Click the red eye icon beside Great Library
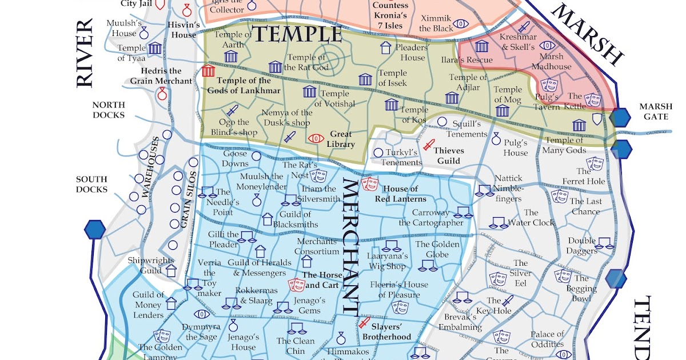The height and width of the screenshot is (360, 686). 316,138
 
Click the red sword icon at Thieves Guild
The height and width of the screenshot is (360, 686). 428,145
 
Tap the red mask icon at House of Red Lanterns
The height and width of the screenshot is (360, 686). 369,183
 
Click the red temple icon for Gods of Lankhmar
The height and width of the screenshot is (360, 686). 208,71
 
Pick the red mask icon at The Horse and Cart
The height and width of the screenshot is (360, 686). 296,284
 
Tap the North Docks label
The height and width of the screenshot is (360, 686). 108,110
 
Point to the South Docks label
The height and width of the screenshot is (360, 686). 91,184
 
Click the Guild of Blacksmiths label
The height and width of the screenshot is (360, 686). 295,219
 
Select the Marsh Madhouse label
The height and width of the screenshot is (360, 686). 551,61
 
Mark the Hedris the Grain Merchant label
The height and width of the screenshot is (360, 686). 161,76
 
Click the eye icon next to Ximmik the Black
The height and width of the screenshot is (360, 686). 461,25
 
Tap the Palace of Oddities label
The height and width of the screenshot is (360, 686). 547,339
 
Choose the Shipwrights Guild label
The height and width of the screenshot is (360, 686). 151,265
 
